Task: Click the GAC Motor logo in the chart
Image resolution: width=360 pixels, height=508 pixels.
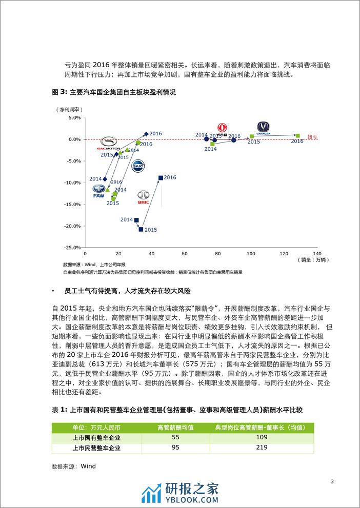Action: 108,143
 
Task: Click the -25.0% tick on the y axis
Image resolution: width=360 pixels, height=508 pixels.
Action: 72,248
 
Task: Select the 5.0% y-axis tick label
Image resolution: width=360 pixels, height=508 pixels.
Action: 73,117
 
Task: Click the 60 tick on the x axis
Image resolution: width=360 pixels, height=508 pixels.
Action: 185,253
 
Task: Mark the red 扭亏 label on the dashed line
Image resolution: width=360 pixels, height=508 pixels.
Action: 312,137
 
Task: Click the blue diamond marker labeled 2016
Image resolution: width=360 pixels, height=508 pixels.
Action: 146,134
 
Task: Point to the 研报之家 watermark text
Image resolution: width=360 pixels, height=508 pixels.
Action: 192,490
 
